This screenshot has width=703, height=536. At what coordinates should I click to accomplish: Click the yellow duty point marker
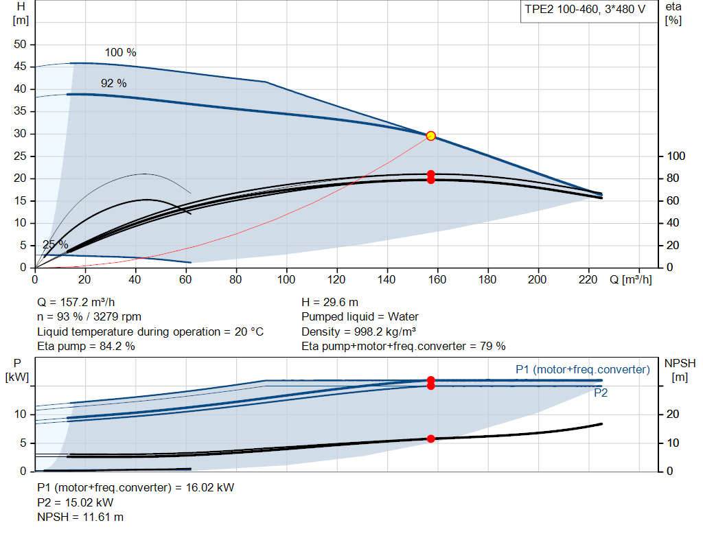tap(431, 136)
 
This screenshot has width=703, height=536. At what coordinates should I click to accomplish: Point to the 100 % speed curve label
tap(121, 52)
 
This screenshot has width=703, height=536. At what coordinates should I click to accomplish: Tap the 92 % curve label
tap(114, 83)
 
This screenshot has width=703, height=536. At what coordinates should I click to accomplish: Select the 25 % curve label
tap(55, 245)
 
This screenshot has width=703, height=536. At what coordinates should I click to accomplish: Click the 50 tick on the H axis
tap(20, 45)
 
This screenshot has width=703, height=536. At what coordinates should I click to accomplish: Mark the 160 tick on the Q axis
tap(437, 279)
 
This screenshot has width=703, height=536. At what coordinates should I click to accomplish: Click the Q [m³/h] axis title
tap(631, 279)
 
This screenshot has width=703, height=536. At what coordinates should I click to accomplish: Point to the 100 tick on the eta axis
tap(676, 156)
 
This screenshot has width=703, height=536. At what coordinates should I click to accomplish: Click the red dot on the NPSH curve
tap(431, 439)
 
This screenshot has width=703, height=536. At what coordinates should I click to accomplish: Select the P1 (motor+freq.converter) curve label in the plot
tap(583, 369)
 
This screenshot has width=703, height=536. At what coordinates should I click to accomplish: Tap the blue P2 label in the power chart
tap(601, 393)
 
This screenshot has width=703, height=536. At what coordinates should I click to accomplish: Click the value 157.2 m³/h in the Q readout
tap(87, 303)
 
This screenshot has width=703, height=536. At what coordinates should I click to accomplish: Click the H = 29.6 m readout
tap(330, 303)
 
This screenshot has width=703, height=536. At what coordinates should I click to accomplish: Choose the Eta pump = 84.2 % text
tap(86, 347)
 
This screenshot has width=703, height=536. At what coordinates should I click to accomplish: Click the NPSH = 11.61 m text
tap(80, 517)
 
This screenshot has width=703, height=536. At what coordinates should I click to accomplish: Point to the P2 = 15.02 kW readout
tap(76, 502)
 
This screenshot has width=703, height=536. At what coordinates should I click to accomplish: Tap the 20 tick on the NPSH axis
tap(673, 414)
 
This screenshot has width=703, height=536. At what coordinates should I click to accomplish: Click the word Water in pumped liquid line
tap(403, 317)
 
